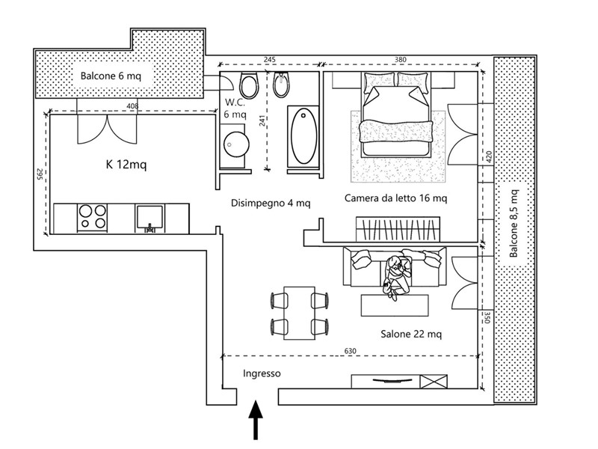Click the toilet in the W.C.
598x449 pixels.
click(250, 85)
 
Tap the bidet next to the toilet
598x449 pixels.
click(282, 85)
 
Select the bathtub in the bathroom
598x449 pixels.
click(303, 136)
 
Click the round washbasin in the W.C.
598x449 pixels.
click(236, 144)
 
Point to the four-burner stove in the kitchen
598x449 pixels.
click(92, 217)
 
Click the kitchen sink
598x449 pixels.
click(149, 218)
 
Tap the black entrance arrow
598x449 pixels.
click(256, 420)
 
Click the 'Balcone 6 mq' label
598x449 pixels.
click(111, 76)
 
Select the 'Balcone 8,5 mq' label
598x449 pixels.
click(514, 223)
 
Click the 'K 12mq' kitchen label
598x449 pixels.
click(126, 165)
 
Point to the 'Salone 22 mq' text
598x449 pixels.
click(411, 334)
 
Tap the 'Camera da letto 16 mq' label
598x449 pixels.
click(395, 198)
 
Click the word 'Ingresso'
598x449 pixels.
click(262, 373)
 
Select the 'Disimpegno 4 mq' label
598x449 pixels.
click(271, 203)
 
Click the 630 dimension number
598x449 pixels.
click(350, 351)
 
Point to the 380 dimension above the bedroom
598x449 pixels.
click(401, 60)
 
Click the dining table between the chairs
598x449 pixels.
click(300, 313)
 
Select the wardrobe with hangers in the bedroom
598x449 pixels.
click(398, 229)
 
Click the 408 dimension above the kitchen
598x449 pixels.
click(132, 106)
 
